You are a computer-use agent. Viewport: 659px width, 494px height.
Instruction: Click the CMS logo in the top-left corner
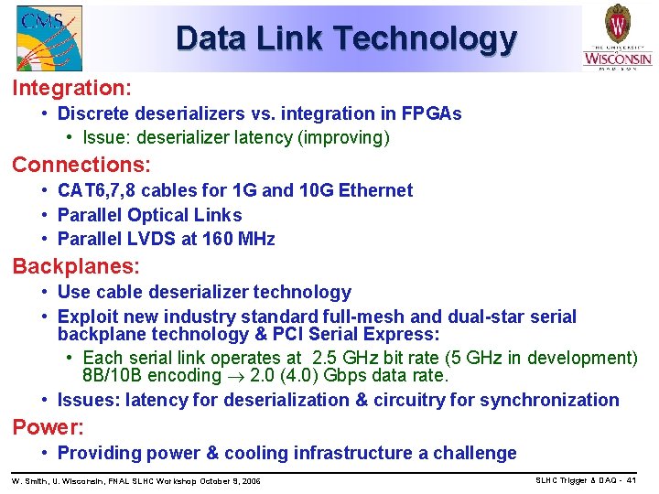tap(49, 38)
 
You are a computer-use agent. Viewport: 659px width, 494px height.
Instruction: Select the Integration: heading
tap(71, 89)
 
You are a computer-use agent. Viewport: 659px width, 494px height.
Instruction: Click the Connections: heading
tap(81, 165)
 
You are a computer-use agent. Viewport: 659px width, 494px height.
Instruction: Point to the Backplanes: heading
tap(76, 267)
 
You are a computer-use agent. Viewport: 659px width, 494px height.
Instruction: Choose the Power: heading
tap(48, 427)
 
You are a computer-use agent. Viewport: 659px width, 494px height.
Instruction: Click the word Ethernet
tap(375, 190)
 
